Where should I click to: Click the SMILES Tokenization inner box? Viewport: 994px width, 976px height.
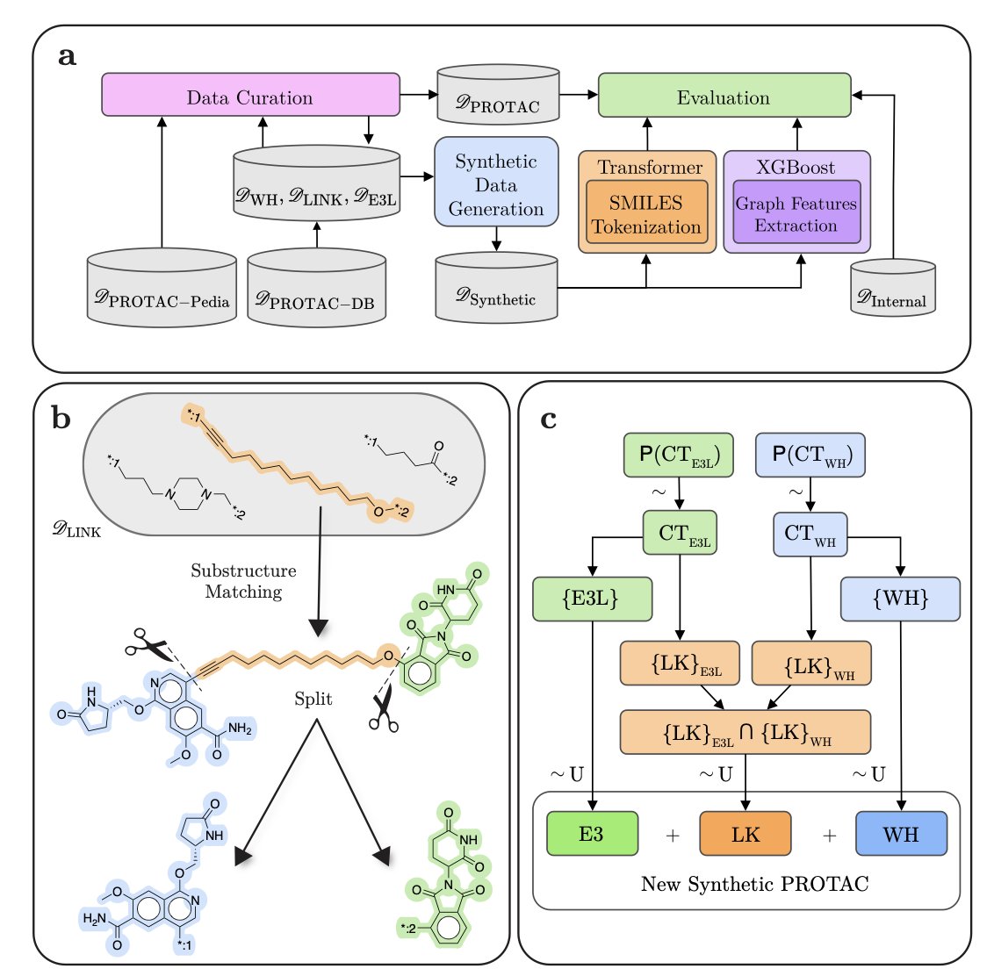646,214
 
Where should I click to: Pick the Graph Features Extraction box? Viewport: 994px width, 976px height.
796,214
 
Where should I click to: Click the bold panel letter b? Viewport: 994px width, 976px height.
61,419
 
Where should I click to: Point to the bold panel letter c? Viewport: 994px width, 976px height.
549,419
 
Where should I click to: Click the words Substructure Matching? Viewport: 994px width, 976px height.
243,581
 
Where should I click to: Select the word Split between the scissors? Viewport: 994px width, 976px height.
313,699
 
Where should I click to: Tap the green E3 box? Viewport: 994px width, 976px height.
591,833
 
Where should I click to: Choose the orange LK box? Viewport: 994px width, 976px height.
745,833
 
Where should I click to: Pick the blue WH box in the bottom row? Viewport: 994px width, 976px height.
901,833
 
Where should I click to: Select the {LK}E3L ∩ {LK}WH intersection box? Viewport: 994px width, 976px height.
745,732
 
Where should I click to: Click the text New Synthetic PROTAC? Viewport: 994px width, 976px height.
754,884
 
